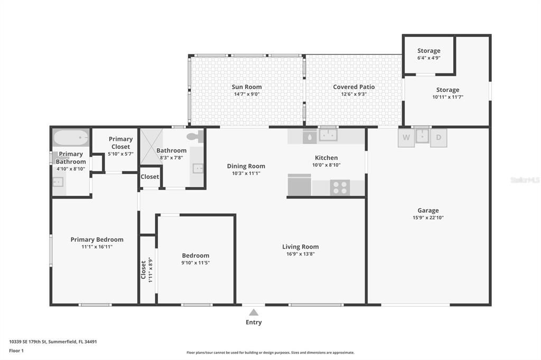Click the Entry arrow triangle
click(254, 312)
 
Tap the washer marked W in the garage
click(406, 138)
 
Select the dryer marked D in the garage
click(439, 138)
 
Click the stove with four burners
click(340, 187)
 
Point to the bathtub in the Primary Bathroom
click(71, 138)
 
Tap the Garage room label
click(428, 211)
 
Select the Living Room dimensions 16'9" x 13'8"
click(300, 254)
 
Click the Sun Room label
click(247, 87)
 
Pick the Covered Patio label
click(353, 87)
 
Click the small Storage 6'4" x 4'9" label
click(428, 51)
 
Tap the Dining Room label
click(246, 166)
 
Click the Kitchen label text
click(326, 158)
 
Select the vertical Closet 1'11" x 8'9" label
click(143, 269)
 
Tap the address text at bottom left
click(53, 342)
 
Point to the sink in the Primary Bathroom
click(58, 182)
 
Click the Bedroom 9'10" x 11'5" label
click(195, 255)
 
